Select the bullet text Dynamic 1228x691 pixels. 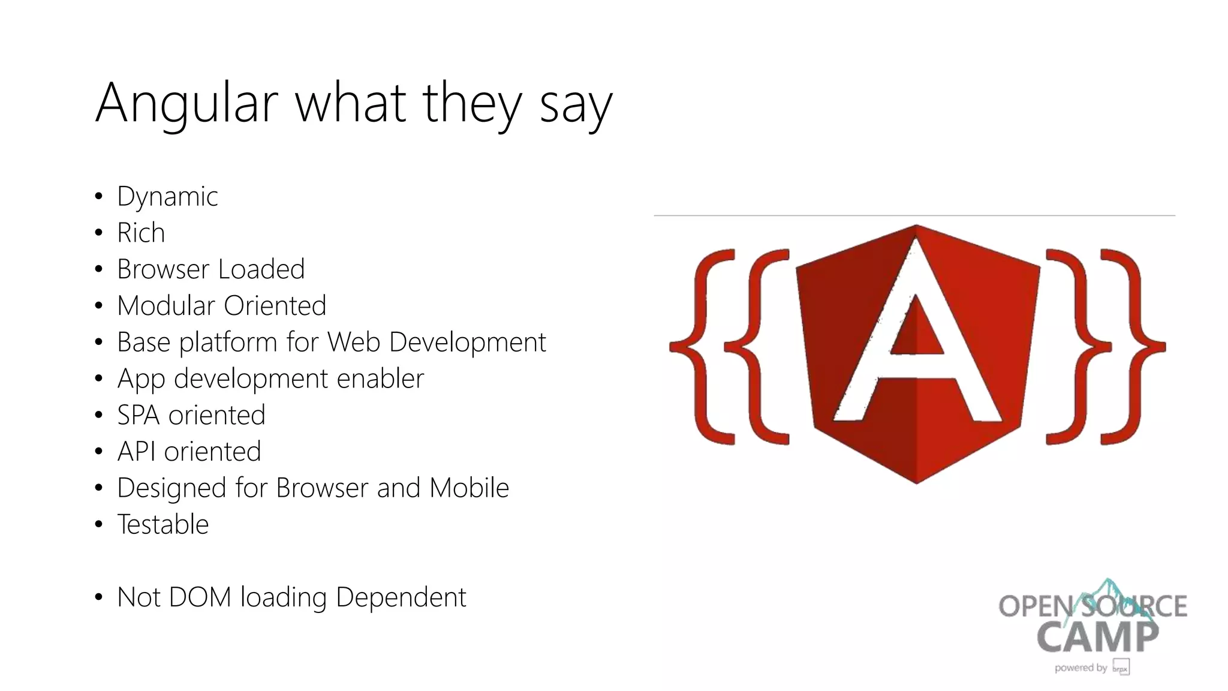pos(167,197)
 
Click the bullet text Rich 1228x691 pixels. pos(141,233)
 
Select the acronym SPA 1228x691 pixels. pos(138,415)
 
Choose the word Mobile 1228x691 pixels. pos(469,488)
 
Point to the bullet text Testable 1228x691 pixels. pos(163,524)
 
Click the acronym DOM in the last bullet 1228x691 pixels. pos(200,597)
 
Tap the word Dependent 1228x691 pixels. pos(401,597)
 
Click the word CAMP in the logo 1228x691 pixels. pos(1097,637)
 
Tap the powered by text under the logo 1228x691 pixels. pos(1080,668)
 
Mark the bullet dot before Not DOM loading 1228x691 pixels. pos(99,597)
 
